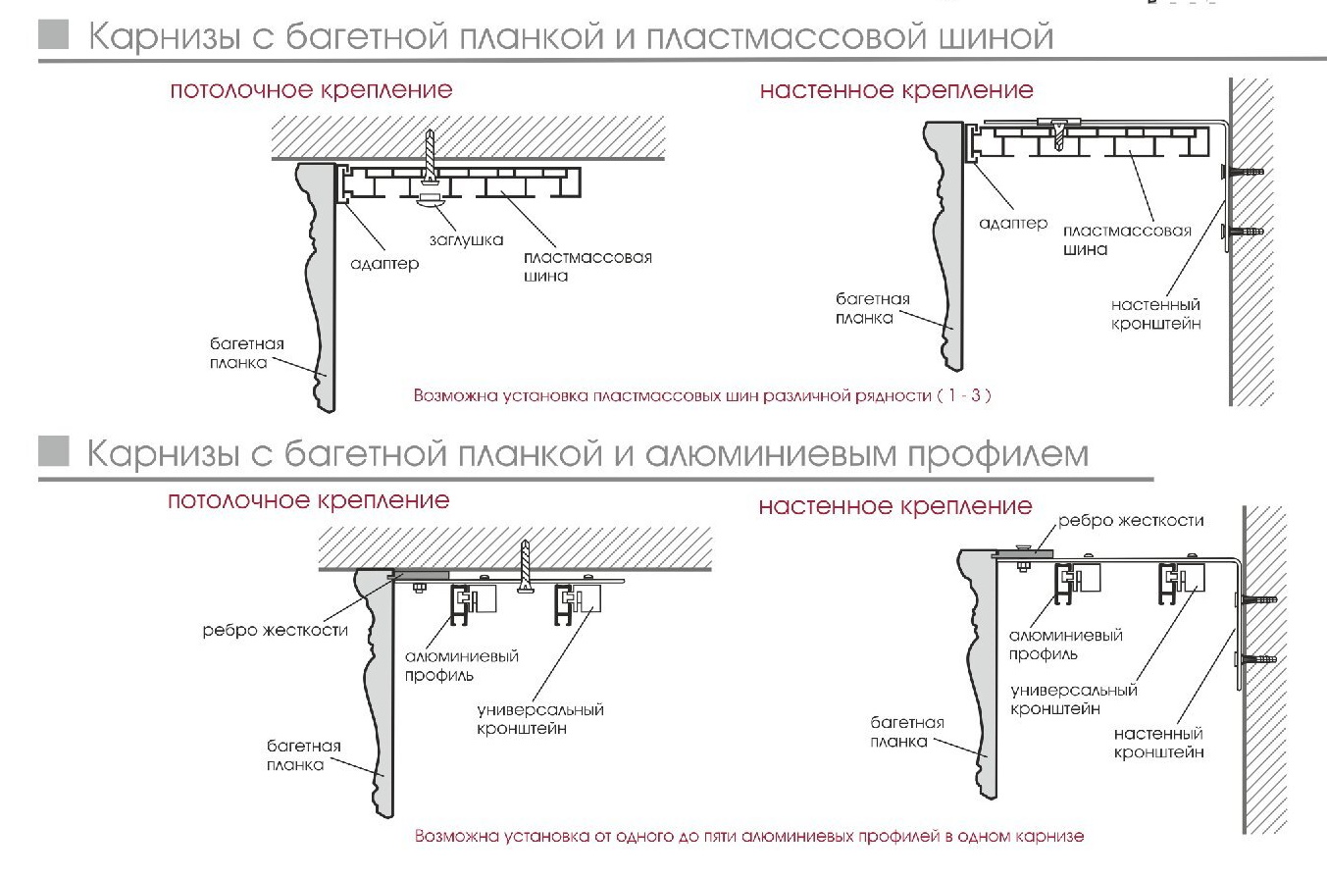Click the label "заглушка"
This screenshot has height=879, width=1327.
(466, 238)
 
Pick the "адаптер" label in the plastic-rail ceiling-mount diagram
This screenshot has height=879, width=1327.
(383, 263)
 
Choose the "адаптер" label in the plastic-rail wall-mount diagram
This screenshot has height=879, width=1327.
(1014, 224)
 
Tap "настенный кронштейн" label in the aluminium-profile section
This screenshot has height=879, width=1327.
(1158, 743)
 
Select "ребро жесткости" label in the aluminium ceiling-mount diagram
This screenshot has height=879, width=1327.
(275, 630)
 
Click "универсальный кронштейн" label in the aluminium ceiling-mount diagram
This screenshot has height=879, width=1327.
(539, 718)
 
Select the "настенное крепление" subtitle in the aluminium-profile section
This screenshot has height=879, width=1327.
(895, 506)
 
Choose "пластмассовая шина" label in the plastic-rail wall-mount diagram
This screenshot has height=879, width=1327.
(1126, 240)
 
